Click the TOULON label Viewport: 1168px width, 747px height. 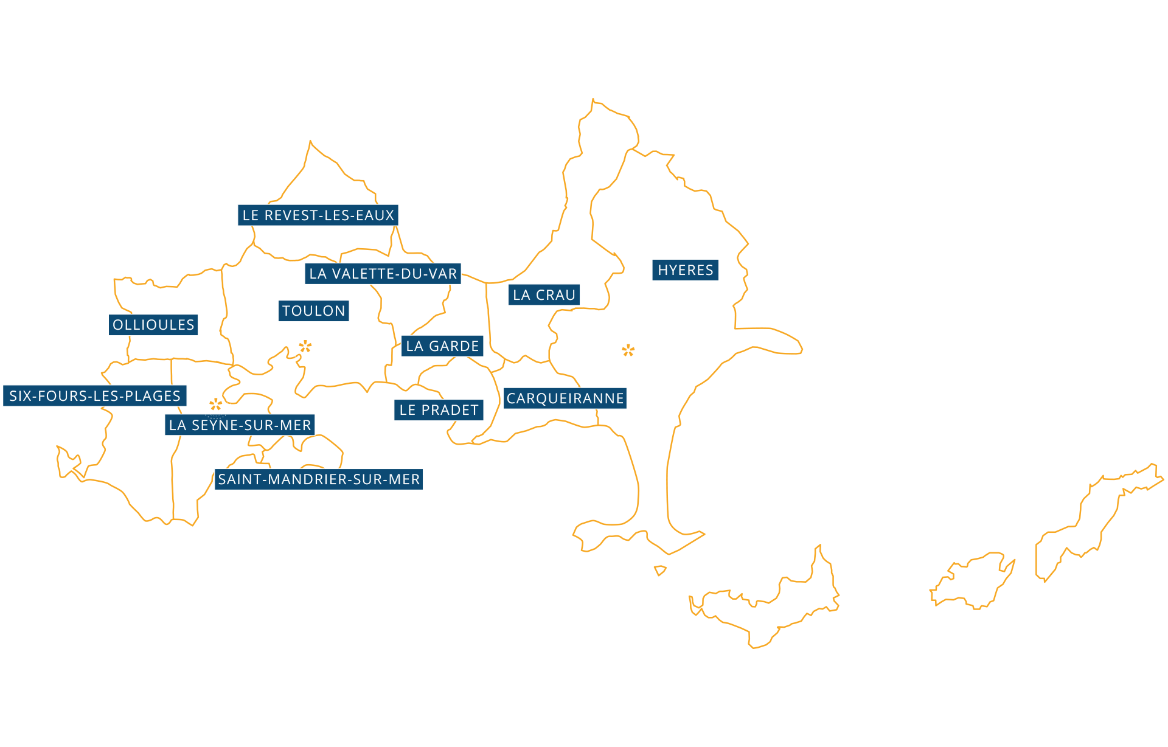pyautogui.click(x=314, y=311)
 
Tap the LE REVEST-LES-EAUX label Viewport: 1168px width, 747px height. pyautogui.click(x=318, y=215)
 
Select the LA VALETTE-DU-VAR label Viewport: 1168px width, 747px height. pyautogui.click(x=383, y=274)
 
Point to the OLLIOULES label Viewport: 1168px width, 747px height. pyautogui.click(x=153, y=325)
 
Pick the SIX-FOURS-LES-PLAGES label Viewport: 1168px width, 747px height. pyautogui.click(x=95, y=396)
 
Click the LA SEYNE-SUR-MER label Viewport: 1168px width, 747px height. pyautogui.click(x=240, y=425)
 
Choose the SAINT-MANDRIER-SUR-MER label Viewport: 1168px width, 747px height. pyautogui.click(x=319, y=479)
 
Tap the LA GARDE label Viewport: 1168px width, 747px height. pyautogui.click(x=442, y=346)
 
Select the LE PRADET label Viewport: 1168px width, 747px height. pyautogui.click(x=439, y=410)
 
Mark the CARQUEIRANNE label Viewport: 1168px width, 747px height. pyautogui.click(x=565, y=398)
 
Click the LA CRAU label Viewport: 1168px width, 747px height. pyautogui.click(x=544, y=295)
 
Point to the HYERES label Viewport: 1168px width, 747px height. pyautogui.click(x=686, y=270)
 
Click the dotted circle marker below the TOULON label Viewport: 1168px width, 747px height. pyautogui.click(x=305, y=347)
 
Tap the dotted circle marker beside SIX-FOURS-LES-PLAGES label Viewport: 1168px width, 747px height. pyautogui.click(x=215, y=404)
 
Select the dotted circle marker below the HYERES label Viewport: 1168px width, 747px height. pyautogui.click(x=628, y=350)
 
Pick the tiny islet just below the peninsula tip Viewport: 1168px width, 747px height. pyautogui.click(x=660, y=571)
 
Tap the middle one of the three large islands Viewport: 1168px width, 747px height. pyautogui.click(x=973, y=581)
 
